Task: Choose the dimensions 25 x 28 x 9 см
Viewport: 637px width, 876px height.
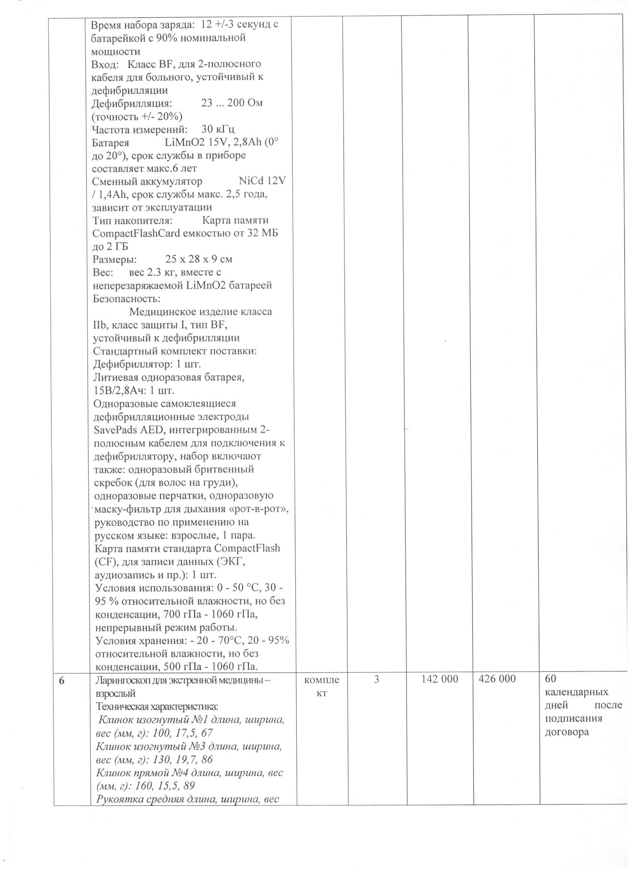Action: pyautogui.click(x=199, y=259)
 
